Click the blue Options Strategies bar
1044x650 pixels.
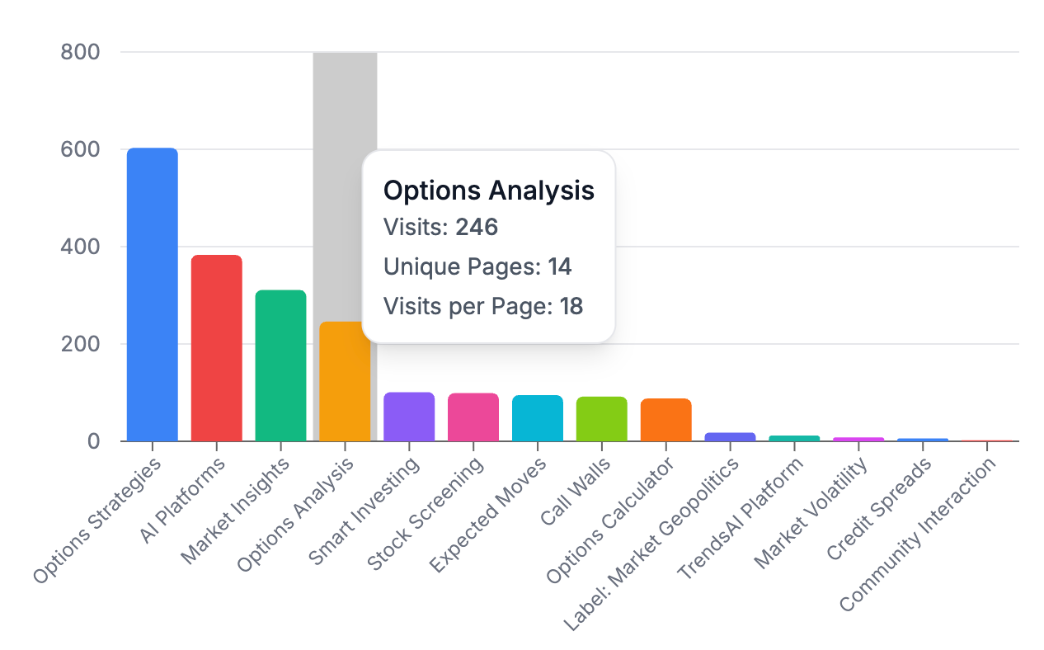152,294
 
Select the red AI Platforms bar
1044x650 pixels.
216,348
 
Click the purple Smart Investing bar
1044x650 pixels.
409,417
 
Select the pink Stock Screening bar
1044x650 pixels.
473,417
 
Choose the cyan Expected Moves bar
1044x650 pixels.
538,418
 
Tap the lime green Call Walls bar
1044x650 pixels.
601,419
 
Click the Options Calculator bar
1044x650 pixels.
665,420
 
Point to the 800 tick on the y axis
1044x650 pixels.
80,53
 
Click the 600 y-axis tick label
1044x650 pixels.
80,150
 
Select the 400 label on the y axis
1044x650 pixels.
80,247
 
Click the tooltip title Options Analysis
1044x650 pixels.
489,191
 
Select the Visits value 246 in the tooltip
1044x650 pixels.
477,227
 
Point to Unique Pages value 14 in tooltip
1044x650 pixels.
560,266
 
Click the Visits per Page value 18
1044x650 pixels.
571,307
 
